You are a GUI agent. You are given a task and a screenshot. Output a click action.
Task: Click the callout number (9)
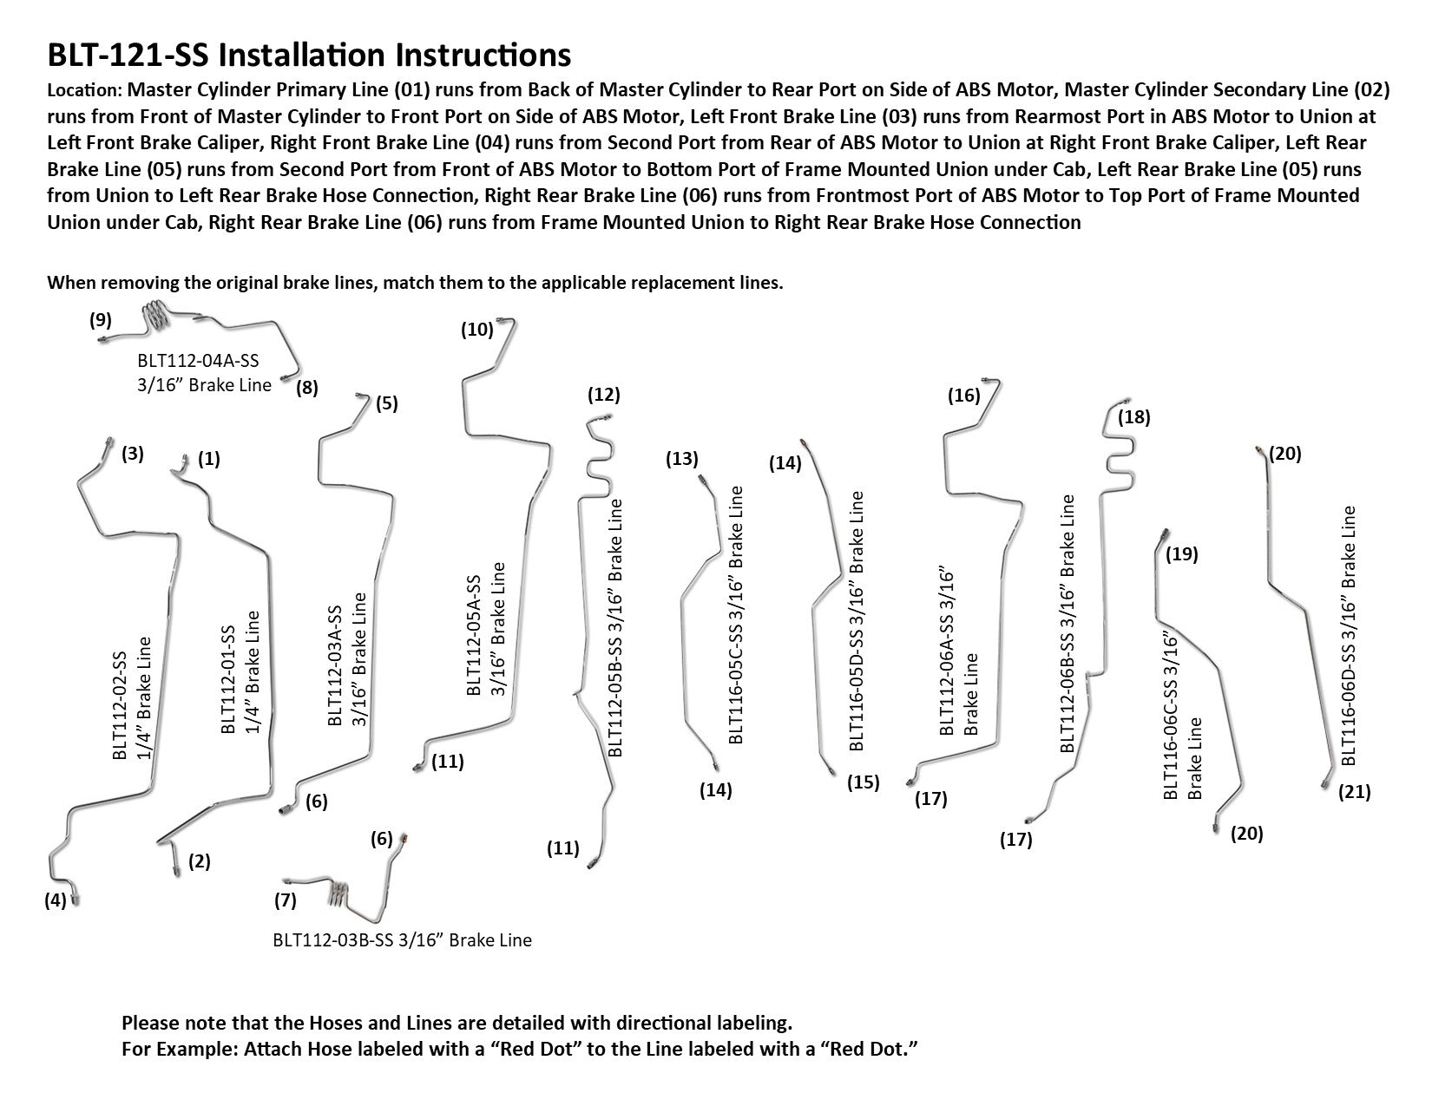point(101,319)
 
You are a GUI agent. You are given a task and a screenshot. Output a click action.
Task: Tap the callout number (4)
point(56,900)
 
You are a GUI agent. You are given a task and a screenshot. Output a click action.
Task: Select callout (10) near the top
point(477,330)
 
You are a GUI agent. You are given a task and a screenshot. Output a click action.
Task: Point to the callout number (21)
point(1355,792)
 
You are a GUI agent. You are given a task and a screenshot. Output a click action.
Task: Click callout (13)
point(682,459)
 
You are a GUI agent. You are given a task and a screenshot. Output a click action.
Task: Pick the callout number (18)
point(1134,417)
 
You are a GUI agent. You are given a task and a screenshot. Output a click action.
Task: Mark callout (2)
point(200,861)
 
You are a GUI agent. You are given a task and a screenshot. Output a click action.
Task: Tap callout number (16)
point(964,396)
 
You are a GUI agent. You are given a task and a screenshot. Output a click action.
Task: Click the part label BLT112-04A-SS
point(198,362)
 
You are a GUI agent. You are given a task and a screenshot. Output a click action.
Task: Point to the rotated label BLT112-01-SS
point(228,672)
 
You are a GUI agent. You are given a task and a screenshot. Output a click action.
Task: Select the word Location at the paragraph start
point(82,90)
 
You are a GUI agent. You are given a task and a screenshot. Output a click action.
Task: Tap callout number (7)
point(286,900)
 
